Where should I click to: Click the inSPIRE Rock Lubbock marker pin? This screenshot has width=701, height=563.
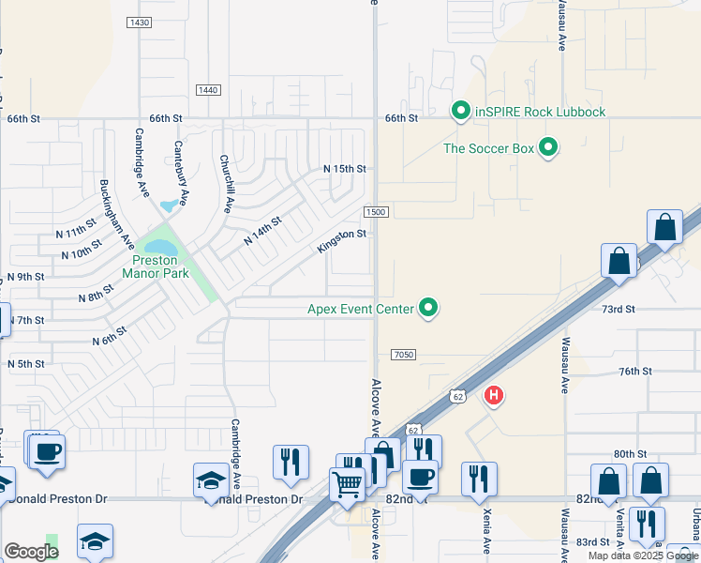460,112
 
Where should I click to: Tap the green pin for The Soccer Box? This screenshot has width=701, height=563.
549,147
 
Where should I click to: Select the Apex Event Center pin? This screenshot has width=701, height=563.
429,308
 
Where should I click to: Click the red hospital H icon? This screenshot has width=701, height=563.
493,396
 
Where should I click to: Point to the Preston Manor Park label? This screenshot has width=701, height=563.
156,266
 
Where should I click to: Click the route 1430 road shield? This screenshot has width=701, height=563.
139,22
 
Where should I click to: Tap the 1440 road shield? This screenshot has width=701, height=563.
208,89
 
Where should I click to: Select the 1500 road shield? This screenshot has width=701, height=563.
376,212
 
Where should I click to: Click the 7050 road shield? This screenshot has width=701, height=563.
403,354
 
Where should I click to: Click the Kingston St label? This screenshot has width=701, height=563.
341,240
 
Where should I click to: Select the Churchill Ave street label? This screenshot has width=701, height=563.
227,184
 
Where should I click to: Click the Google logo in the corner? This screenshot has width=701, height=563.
31,552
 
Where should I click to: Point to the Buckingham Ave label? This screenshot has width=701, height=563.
118,213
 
